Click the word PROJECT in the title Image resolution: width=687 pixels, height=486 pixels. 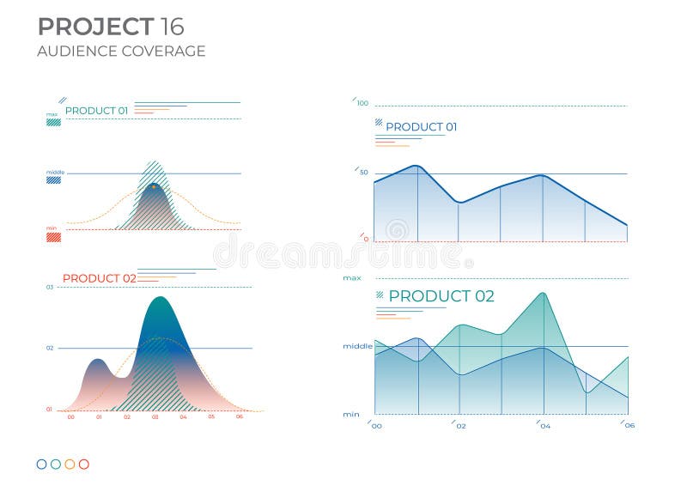95,27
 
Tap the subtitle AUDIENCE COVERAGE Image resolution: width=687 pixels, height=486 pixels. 121,51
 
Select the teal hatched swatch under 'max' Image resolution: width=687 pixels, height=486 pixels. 53,122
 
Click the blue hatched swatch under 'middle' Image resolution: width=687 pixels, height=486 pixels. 53,180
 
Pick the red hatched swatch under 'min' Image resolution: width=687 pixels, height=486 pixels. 53,237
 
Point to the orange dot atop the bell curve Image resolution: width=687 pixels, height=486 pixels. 154,185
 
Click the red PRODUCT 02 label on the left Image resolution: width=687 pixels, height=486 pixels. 99,278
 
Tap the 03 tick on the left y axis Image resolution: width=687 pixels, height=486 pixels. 49,287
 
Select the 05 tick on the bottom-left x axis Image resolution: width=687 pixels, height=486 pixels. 211,417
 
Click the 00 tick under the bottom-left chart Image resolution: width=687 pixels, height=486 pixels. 70,417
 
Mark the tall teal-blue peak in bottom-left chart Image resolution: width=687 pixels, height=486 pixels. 159,300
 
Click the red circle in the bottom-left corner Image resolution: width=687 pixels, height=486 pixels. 83,465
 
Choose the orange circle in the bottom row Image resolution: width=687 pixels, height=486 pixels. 70,465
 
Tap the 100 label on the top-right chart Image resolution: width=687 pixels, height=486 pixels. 362,104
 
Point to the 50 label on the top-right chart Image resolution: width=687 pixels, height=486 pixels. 364,173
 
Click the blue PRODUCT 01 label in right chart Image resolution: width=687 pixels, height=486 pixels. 421,127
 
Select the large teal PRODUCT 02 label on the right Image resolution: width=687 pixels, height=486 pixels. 441,296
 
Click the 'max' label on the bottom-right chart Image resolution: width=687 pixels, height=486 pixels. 351,278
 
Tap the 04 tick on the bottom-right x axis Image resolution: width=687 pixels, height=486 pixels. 544,426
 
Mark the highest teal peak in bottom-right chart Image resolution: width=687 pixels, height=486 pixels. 543,294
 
